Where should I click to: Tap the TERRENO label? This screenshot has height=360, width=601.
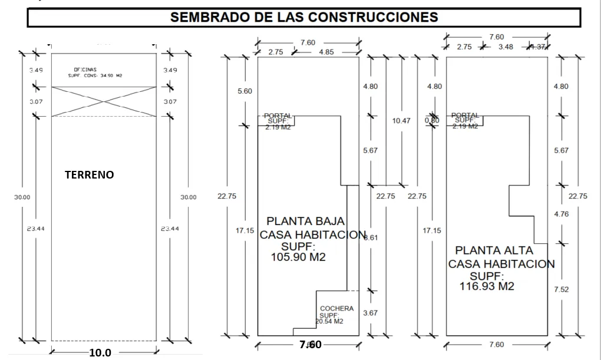[89, 175]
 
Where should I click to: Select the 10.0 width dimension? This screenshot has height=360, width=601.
[100, 353]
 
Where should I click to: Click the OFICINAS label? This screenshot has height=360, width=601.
[85, 70]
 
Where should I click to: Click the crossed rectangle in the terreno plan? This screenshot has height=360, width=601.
[104, 101]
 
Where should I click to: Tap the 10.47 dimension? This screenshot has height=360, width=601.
[401, 121]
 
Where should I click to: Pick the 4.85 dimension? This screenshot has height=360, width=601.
[326, 52]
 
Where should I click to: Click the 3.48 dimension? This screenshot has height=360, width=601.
[505, 47]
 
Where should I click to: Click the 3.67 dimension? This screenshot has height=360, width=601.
[370, 313]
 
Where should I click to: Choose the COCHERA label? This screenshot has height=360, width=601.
[336, 309]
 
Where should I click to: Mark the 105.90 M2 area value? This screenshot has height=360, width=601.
[298, 257]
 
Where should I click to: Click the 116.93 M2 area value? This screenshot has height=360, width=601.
[487, 286]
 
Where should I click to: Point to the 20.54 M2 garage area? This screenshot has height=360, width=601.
[329, 322]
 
